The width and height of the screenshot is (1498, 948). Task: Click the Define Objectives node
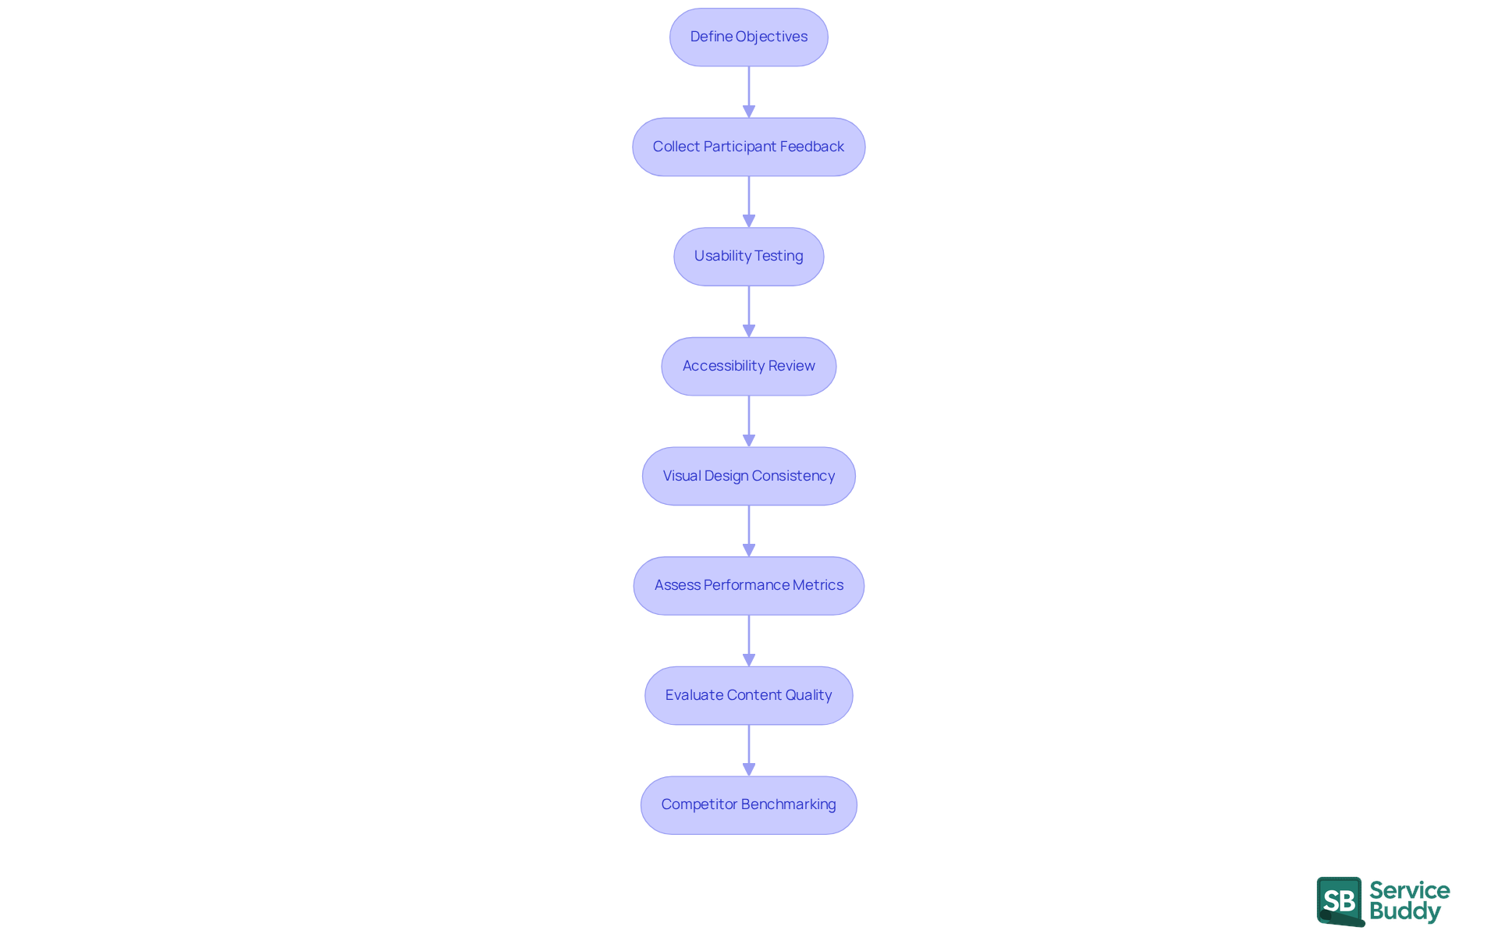click(x=748, y=37)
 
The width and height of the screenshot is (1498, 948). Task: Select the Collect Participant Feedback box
click(x=748, y=147)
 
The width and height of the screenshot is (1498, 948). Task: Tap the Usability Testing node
click(x=748, y=257)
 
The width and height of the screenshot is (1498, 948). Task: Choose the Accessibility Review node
click(x=748, y=366)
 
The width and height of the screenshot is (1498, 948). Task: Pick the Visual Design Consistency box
click(x=748, y=476)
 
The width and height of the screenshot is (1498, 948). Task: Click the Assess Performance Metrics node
click(x=748, y=585)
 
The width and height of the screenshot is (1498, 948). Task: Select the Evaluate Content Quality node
click(x=748, y=695)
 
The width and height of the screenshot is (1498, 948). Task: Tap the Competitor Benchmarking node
click(x=748, y=804)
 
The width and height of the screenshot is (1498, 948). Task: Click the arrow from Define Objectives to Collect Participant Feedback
click(x=749, y=92)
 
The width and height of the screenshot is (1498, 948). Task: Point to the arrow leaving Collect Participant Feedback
click(x=749, y=201)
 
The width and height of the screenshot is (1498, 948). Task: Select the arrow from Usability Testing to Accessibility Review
click(x=749, y=311)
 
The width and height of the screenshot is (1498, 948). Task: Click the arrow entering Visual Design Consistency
click(x=749, y=421)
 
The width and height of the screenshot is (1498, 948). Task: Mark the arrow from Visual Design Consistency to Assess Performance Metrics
click(x=749, y=531)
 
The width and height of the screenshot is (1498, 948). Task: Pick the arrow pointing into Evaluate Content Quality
click(x=749, y=641)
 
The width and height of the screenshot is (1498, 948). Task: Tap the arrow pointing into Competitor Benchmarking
click(x=749, y=750)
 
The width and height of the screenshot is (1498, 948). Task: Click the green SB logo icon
click(x=1340, y=901)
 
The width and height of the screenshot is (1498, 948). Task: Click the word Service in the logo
click(x=1409, y=890)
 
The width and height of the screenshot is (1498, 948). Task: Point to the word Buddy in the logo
click(x=1404, y=911)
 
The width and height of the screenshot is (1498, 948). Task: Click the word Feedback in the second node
click(x=811, y=147)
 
